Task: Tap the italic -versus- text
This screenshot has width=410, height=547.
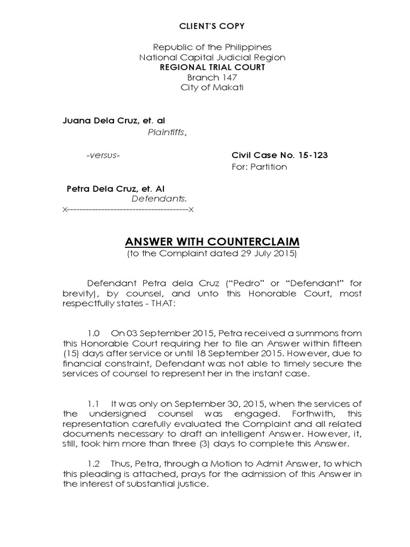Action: pos(103,155)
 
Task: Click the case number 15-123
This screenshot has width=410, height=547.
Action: pos(311,155)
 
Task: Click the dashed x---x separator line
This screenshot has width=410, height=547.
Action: pos(128,209)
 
